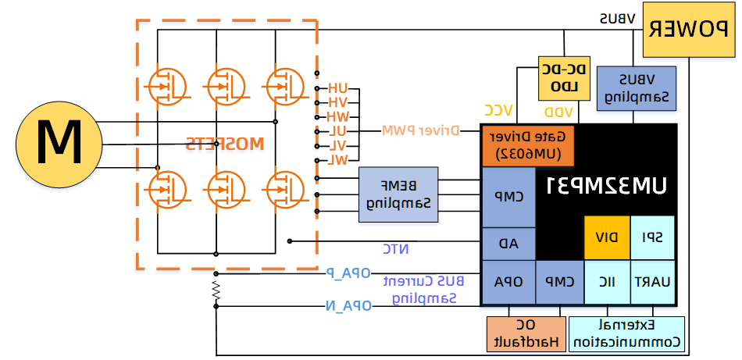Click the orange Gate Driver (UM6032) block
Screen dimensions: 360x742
[x=527, y=144]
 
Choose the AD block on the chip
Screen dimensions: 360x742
[x=508, y=244]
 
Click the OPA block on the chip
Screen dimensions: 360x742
[x=508, y=282]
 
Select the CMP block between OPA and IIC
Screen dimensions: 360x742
[x=560, y=282]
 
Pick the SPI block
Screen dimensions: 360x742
[x=653, y=237]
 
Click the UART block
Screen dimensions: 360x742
[x=653, y=282]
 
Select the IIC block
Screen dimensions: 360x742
[x=607, y=282]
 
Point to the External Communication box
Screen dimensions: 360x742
[x=627, y=333]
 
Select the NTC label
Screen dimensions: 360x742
[x=396, y=249]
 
